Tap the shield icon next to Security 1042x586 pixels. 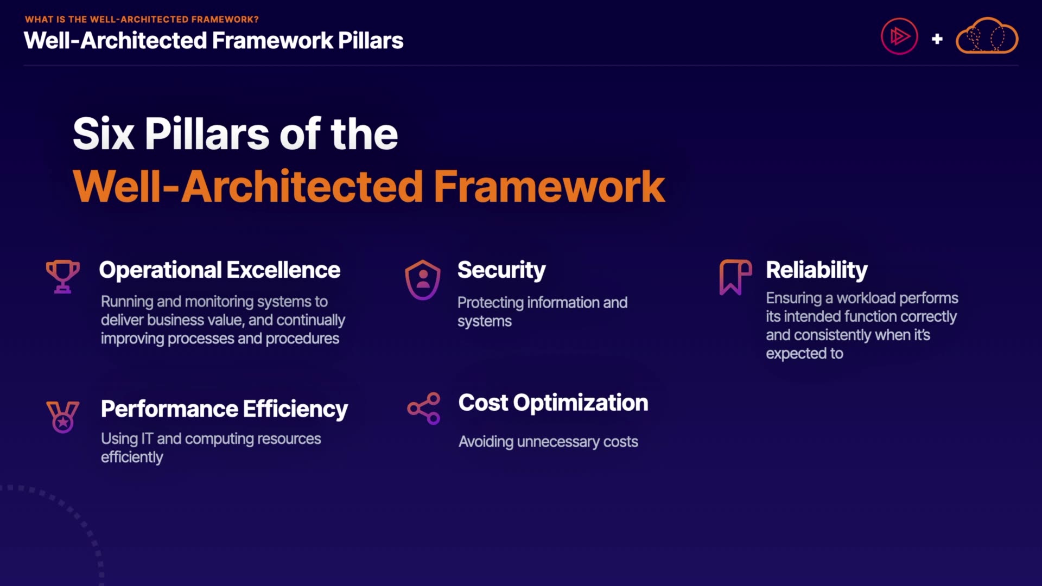point(423,280)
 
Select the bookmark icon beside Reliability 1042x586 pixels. point(735,277)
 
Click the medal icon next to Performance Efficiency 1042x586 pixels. point(63,417)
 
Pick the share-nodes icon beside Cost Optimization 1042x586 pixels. point(424,409)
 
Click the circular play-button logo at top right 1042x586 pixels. point(899,37)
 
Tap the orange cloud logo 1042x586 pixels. point(987,36)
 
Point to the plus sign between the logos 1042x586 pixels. point(937,39)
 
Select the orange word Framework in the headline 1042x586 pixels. point(549,186)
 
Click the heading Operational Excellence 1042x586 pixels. point(220,270)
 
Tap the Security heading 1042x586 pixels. point(501,270)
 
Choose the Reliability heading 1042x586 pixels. point(817,270)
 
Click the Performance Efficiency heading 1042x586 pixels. point(224,409)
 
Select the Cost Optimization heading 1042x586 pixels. point(553,403)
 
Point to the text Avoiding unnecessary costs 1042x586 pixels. point(548,442)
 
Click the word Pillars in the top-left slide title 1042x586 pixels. point(371,41)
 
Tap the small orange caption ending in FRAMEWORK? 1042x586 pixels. point(142,20)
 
